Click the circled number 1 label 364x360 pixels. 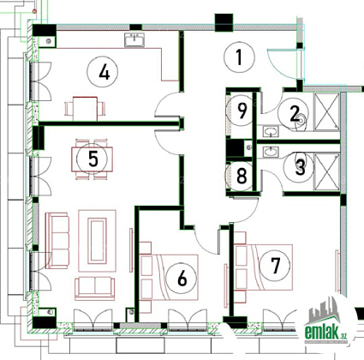click(239, 57)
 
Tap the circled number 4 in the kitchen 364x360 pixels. click(103, 72)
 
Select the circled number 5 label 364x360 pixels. click(92, 159)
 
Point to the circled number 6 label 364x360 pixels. click(182, 278)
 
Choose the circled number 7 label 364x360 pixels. click(275, 266)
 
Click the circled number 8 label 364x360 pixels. click(241, 176)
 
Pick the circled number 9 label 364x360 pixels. click(241, 111)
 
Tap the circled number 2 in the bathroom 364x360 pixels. click(294, 113)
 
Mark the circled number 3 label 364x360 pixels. click(299, 167)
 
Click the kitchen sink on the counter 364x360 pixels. click(134, 39)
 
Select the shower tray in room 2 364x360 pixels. click(326, 112)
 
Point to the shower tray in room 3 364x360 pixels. click(326, 171)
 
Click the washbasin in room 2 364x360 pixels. click(270, 132)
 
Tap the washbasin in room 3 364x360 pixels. click(270, 152)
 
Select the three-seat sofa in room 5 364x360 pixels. click(57, 241)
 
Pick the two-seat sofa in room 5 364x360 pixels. click(95, 288)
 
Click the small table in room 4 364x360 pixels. click(85, 109)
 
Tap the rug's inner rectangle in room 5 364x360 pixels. click(97, 241)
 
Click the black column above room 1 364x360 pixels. click(224, 22)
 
